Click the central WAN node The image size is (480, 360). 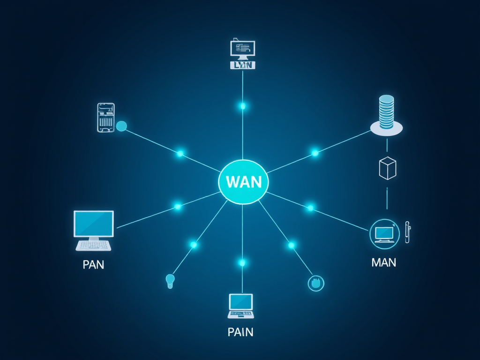tap(243, 182)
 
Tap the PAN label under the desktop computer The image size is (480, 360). tap(93, 264)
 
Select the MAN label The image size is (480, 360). tap(383, 262)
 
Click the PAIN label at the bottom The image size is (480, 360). tap(240, 332)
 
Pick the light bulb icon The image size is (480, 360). tap(170, 281)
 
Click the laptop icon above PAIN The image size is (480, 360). tap(240, 306)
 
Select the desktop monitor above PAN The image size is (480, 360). tap(94, 224)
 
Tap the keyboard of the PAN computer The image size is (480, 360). tap(94, 245)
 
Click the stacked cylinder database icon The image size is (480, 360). tap(386, 112)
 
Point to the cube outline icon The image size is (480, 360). tap(387, 168)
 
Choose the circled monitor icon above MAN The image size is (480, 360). tap(384, 233)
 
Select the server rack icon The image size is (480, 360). tap(106, 117)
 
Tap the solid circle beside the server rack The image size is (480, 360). tap(121, 126)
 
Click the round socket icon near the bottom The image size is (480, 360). tap(316, 283)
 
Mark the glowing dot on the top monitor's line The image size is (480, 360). tap(243, 106)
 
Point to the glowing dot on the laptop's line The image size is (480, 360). tap(242, 262)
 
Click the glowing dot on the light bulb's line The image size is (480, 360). tap(194, 245)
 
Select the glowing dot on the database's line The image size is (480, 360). tap(315, 153)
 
